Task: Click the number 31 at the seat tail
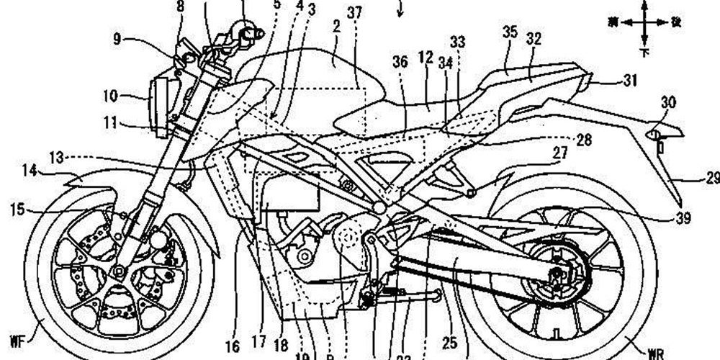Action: point(631,82)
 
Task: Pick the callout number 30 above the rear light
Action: point(669,103)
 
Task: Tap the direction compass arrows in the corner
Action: point(644,23)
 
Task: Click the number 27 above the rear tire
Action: point(560,152)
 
